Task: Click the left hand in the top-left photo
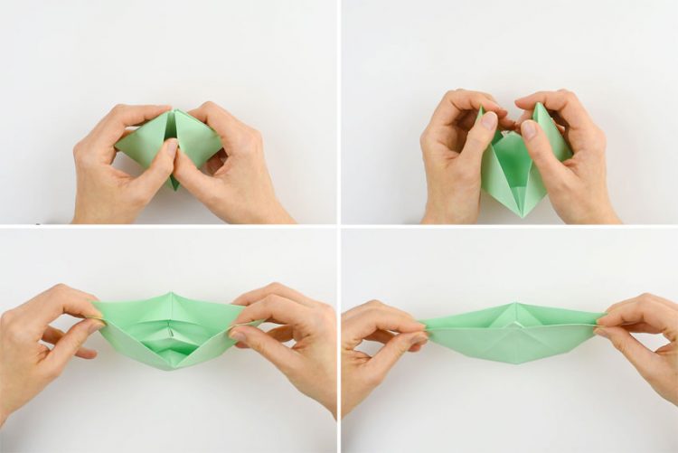tap(113, 167)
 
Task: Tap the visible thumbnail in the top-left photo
tap(171, 146)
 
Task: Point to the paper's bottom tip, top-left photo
tap(174, 187)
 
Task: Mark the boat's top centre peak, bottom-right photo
tap(513, 305)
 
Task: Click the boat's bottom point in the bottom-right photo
tap(513, 363)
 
